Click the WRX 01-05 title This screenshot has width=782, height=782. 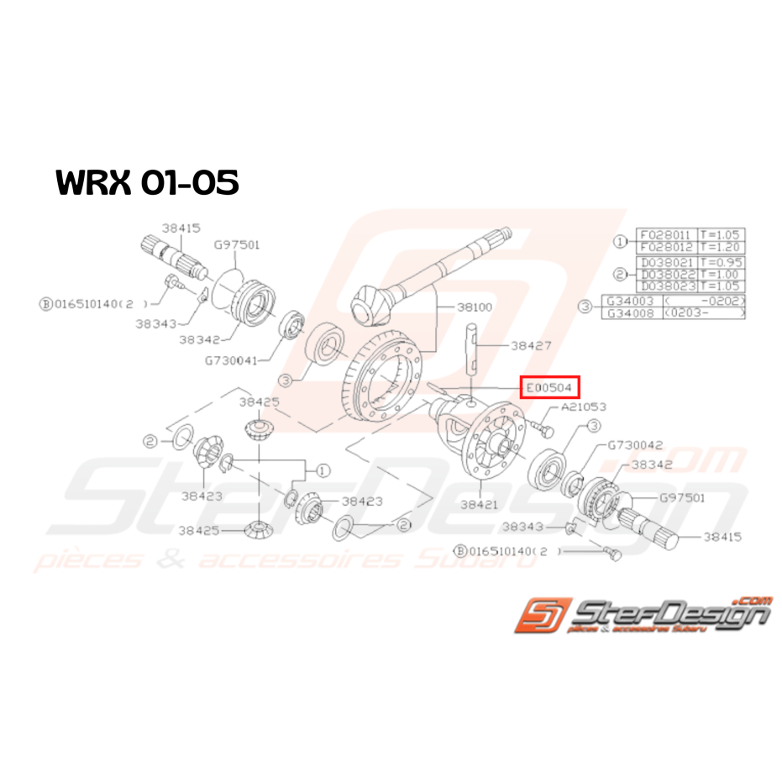[x=147, y=182]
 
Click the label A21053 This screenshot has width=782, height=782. [x=579, y=407]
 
